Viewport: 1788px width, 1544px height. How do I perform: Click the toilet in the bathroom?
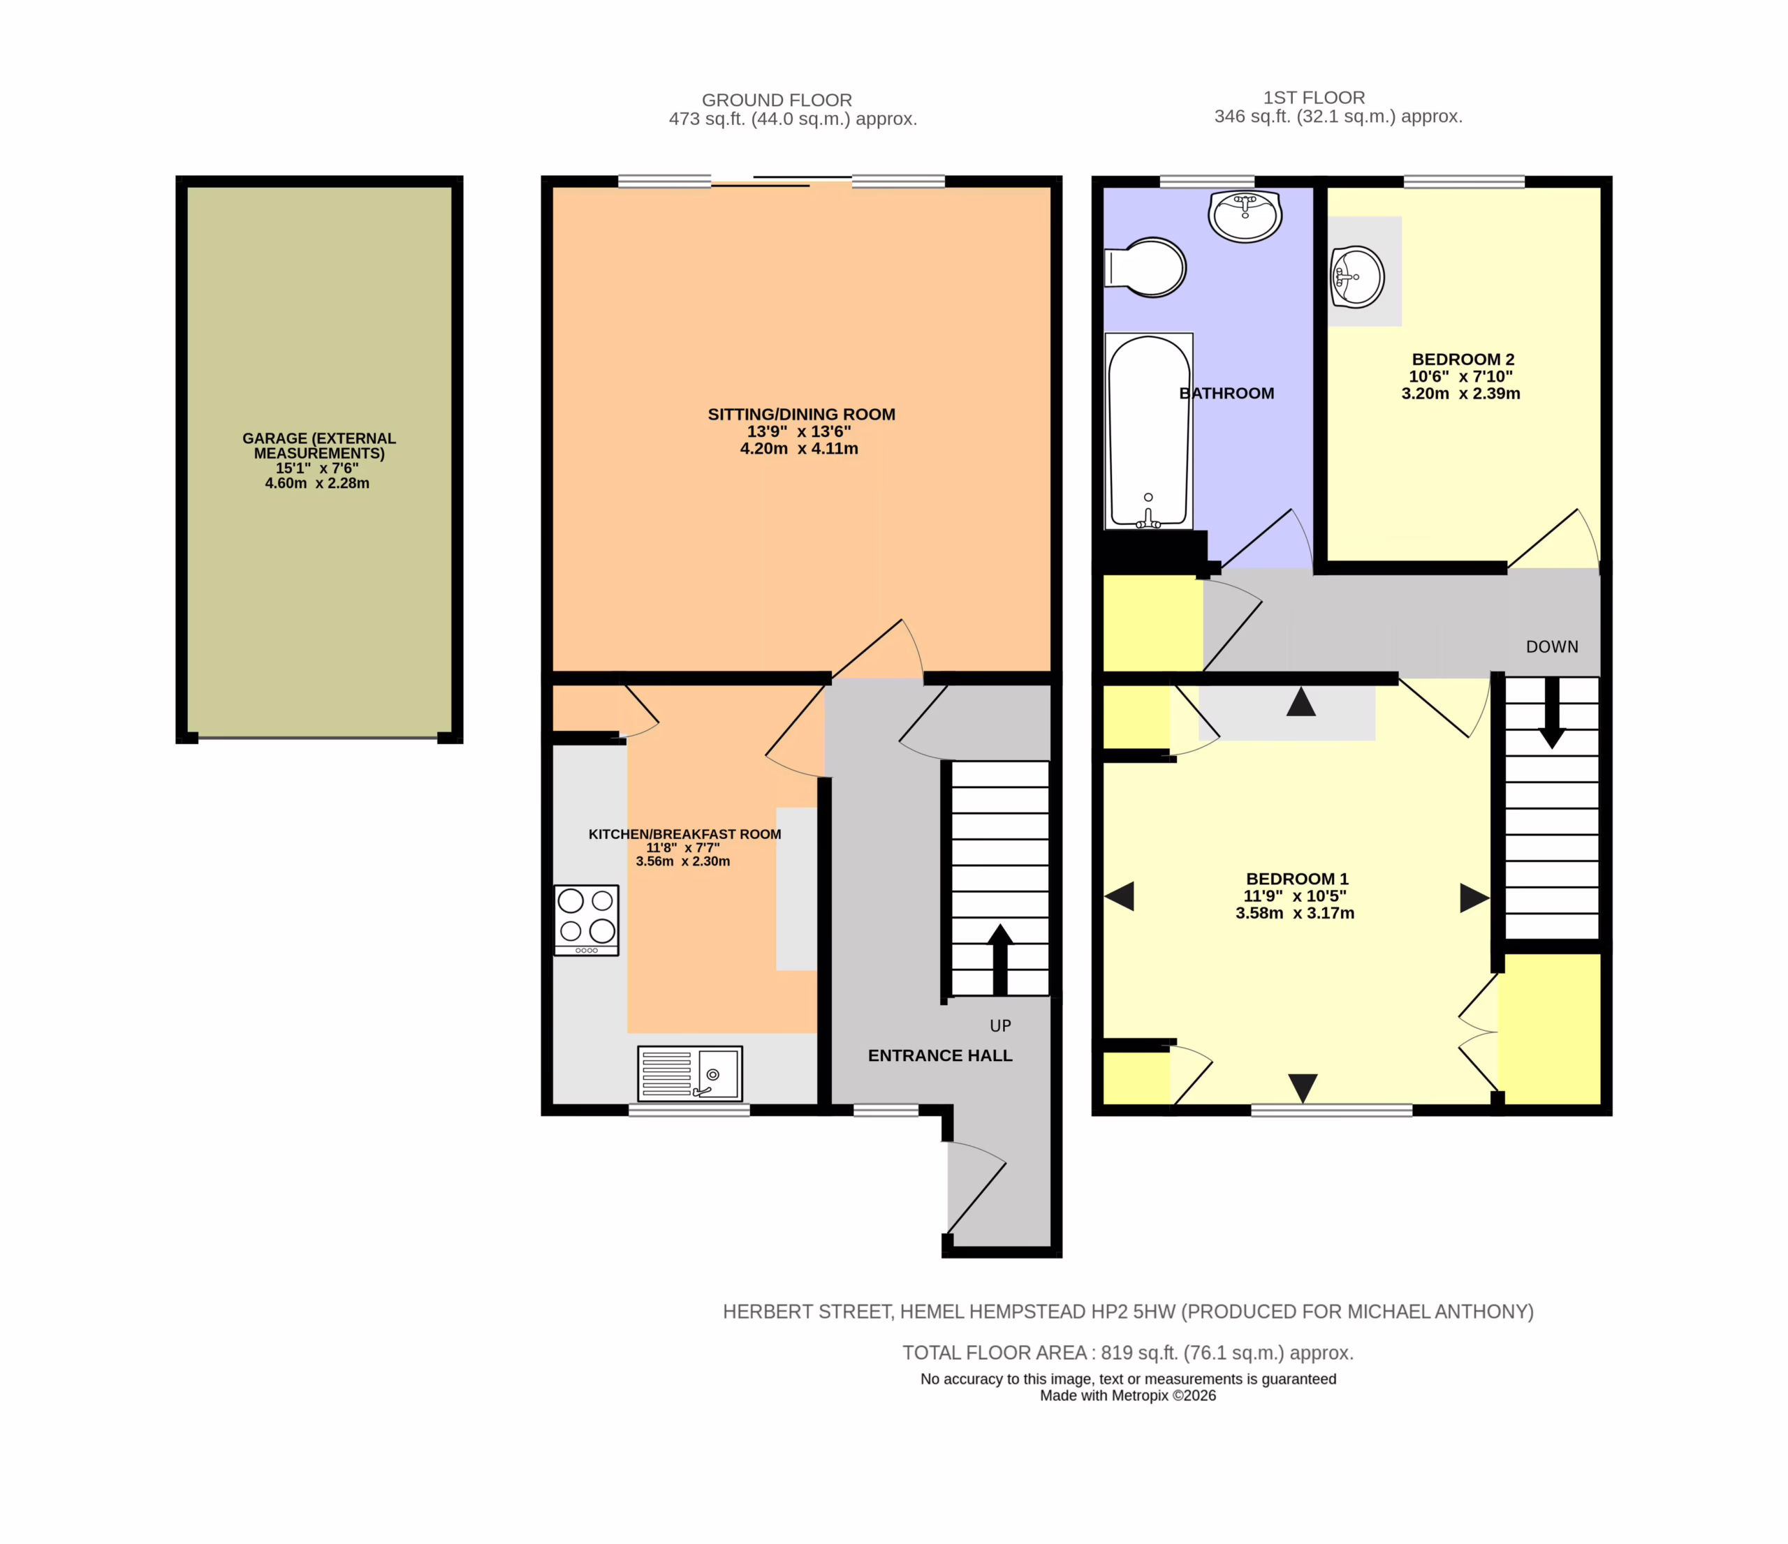click(1146, 267)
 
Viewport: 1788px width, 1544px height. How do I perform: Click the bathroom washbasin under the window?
click(1245, 216)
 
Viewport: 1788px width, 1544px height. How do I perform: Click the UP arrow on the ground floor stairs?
click(1000, 960)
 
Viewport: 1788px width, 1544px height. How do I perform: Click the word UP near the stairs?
click(1000, 1025)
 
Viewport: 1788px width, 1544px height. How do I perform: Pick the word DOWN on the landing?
click(1551, 647)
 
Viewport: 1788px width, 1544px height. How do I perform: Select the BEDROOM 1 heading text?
click(1297, 879)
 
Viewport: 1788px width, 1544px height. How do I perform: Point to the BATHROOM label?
click(1226, 394)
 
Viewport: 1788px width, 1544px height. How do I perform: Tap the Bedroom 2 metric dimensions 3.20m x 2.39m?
click(1461, 394)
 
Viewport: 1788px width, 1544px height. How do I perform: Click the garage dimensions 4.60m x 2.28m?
click(316, 483)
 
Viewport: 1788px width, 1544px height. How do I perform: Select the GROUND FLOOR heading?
click(777, 100)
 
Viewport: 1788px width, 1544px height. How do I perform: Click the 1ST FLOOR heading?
click(1314, 98)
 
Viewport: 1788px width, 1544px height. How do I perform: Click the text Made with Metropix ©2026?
click(1128, 1395)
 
